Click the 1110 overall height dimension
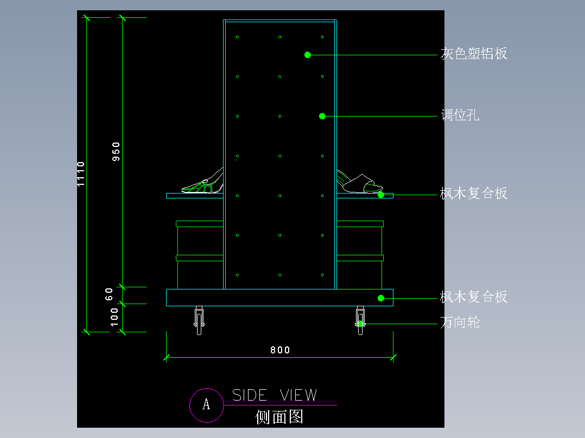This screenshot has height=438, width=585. (81, 174)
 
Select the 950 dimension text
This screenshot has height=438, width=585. (116, 152)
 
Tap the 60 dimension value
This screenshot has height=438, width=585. (109, 294)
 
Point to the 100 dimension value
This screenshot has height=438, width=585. (115, 317)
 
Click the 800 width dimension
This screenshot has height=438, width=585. (280, 350)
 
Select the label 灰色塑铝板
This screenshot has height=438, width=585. (474, 54)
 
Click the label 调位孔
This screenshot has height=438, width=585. (460, 115)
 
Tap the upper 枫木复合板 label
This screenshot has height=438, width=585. (474, 194)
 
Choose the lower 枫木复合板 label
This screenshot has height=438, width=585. (474, 297)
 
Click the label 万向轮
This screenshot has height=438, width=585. (460, 323)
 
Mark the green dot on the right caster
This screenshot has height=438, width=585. (360, 324)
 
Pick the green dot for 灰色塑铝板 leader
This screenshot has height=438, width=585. (308, 55)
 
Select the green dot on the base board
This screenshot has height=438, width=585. (381, 298)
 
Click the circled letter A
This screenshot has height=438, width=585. (206, 404)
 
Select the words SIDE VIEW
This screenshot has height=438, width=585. (275, 395)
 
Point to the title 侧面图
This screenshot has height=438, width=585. (279, 417)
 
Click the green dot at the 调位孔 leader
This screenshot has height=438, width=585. (322, 116)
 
